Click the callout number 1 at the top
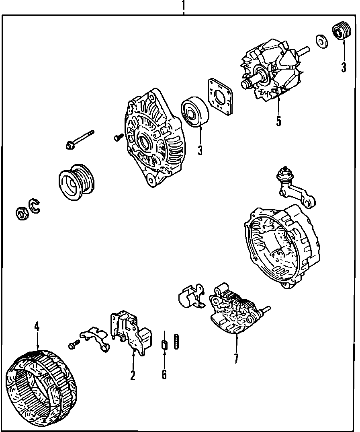point(184,6)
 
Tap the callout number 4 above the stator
point(37,326)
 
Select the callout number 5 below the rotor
point(278,120)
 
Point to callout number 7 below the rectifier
point(236,358)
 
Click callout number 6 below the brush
point(164,374)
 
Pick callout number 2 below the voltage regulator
point(133,375)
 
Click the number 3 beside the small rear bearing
point(344,67)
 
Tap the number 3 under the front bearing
point(200,150)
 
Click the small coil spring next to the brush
point(176,341)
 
